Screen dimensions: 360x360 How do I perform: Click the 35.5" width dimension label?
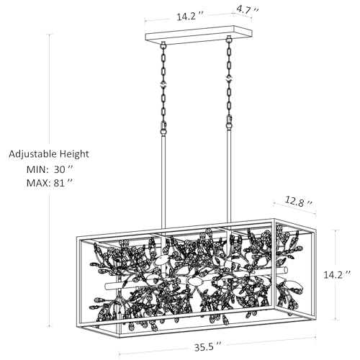(207, 348)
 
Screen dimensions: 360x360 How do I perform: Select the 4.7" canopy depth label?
(248, 10)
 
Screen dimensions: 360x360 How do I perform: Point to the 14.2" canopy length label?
(190, 17)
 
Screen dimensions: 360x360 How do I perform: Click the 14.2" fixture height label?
(337, 274)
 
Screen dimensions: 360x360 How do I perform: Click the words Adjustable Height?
(49, 154)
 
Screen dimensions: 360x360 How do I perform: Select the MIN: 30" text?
(50, 169)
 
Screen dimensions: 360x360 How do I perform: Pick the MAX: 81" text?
(50, 183)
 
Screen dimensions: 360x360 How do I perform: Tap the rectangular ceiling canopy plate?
(199, 35)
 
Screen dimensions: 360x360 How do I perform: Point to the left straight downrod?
(163, 182)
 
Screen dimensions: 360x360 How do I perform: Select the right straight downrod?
(229, 176)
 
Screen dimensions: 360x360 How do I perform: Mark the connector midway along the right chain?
(229, 78)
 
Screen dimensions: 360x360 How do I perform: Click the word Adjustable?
(33, 154)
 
